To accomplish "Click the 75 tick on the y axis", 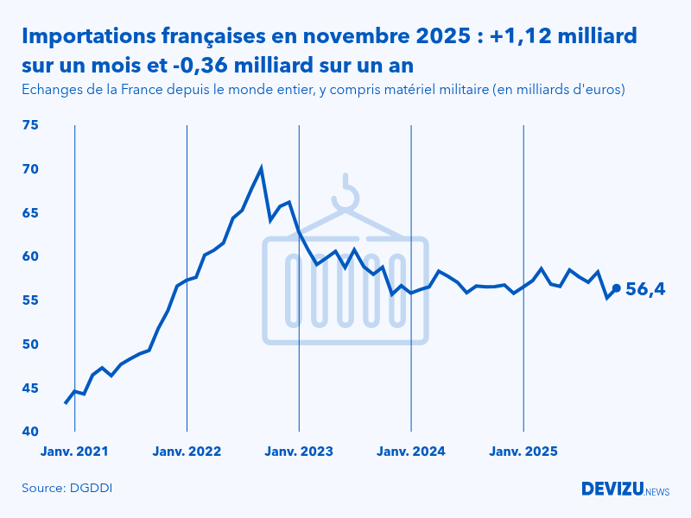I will (x=30, y=125).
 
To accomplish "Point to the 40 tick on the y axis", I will (x=30, y=432).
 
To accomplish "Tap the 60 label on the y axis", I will (x=30, y=256).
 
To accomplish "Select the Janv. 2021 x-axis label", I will (x=75, y=451).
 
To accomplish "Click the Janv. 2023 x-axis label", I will (x=299, y=451).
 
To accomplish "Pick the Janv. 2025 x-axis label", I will (x=523, y=451).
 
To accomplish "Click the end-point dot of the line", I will (x=616, y=288).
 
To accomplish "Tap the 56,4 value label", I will (x=644, y=290).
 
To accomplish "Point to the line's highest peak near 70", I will (x=261, y=168).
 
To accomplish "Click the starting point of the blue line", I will (x=66, y=403).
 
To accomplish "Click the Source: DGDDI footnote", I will (x=67, y=489).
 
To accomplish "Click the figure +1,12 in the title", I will (x=518, y=36).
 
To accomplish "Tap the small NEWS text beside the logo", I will (x=657, y=491).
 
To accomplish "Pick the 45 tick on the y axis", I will (x=30, y=388).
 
